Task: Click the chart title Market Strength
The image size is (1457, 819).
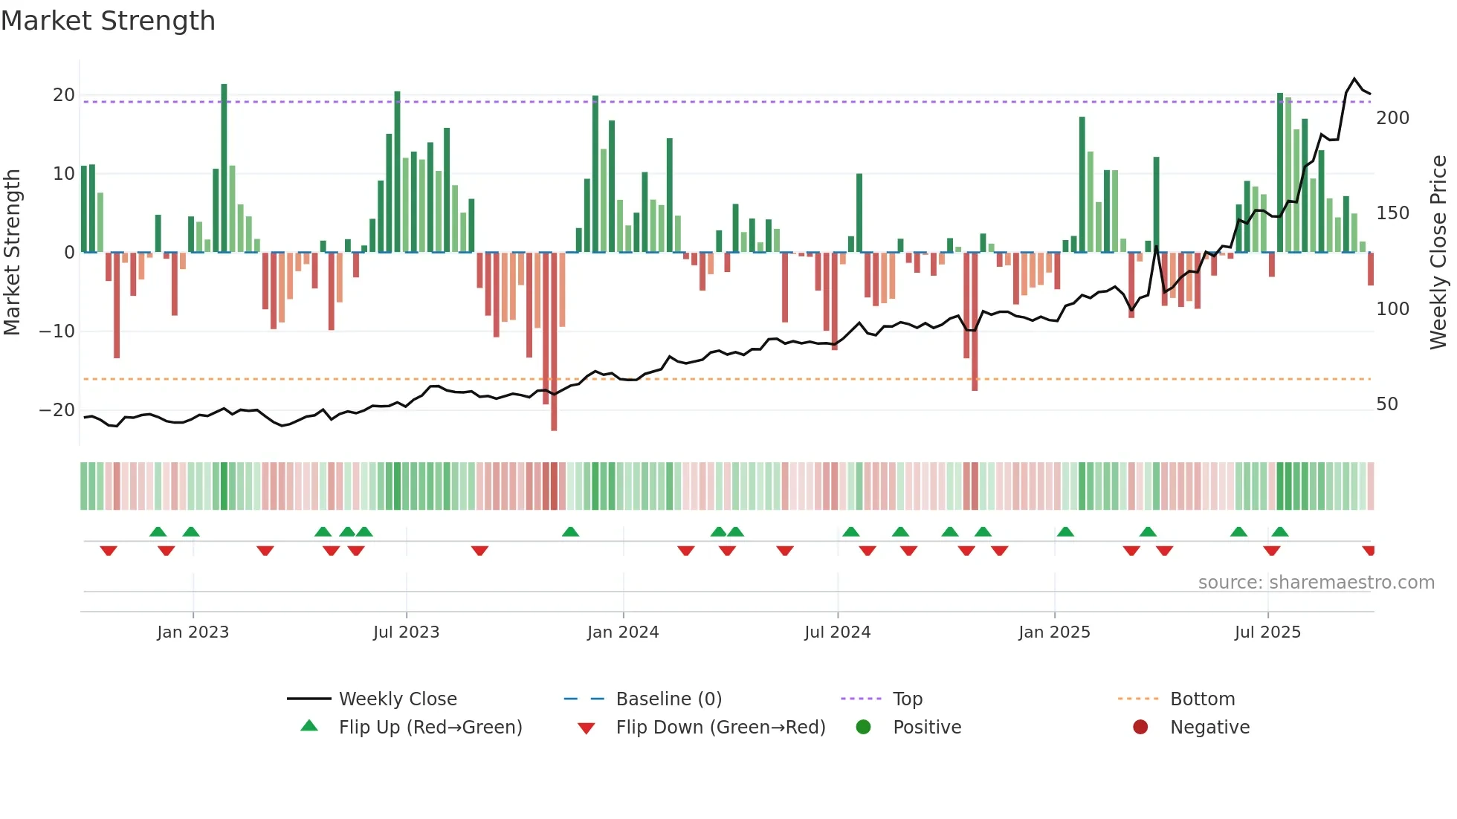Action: (x=108, y=21)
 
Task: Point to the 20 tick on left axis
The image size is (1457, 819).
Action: (x=63, y=95)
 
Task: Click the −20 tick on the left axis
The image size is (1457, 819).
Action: (x=57, y=410)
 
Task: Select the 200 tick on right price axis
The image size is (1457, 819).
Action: (x=1392, y=118)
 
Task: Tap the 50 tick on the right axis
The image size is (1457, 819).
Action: (x=1386, y=404)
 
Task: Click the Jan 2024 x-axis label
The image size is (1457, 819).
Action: (x=622, y=632)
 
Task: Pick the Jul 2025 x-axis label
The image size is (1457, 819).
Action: (x=1267, y=632)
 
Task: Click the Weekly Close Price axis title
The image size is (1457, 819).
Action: (x=1438, y=253)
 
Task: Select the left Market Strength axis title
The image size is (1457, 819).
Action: (x=12, y=253)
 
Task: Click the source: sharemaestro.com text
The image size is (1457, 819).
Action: (x=1316, y=583)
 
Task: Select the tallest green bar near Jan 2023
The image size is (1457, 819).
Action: (x=224, y=167)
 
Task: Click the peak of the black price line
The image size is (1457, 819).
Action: (x=1354, y=79)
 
